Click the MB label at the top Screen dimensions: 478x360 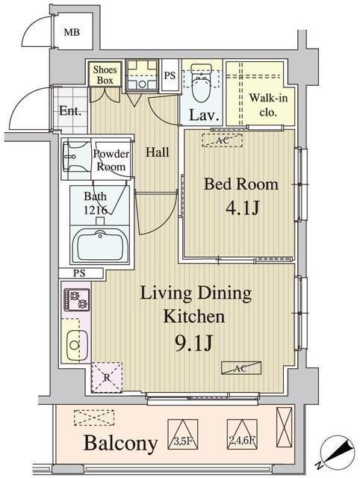72,32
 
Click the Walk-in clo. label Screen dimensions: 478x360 263,105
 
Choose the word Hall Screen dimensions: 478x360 157,152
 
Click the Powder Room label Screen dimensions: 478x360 111,161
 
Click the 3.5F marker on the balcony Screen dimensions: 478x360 184,441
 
